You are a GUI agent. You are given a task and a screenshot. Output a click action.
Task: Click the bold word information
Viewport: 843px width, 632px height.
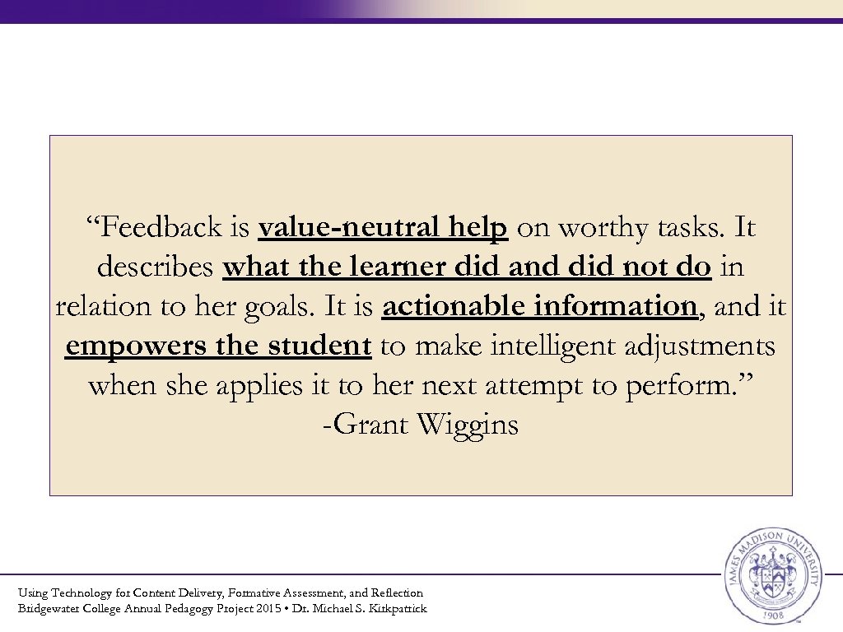click(x=614, y=307)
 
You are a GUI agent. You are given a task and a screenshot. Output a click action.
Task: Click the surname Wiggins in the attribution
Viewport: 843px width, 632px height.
click(x=468, y=425)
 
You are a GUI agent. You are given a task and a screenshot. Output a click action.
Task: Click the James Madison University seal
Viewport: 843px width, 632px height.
click(x=771, y=576)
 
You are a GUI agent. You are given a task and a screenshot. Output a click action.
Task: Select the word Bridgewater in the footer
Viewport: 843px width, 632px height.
click(x=51, y=609)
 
